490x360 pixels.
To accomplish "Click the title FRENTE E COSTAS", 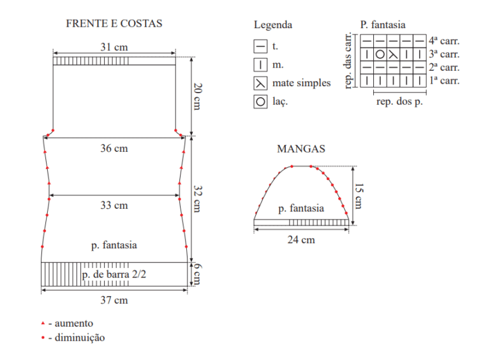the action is coord(114,24).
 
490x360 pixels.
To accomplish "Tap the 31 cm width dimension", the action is coord(114,47).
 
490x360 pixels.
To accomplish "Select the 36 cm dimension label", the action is coord(114,149).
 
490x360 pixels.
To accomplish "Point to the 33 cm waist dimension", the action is coord(114,206).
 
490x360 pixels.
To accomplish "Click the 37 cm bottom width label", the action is coord(114,300).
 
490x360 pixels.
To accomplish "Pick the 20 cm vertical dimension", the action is coord(198,96).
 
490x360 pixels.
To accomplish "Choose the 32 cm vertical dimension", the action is coord(198,199).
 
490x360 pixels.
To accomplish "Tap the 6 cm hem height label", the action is coord(198,274).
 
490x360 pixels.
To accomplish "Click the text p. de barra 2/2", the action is coord(114,274).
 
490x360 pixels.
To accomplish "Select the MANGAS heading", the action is coord(301,149).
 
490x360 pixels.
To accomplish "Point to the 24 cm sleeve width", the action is coord(301,240).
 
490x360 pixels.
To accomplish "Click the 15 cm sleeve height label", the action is coord(359,196).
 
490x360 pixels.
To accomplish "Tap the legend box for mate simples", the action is coord(260,84).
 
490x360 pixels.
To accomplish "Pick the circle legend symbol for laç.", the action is coord(260,102).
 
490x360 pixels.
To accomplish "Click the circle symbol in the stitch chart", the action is coord(380,54).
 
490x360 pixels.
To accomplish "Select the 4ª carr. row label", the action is coord(444,41).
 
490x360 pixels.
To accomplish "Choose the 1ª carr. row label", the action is coord(444,80).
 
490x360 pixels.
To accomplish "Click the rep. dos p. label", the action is coord(399,101).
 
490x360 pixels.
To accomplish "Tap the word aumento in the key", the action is coord(74,323).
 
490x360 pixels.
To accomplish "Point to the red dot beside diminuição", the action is coord(43,338).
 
